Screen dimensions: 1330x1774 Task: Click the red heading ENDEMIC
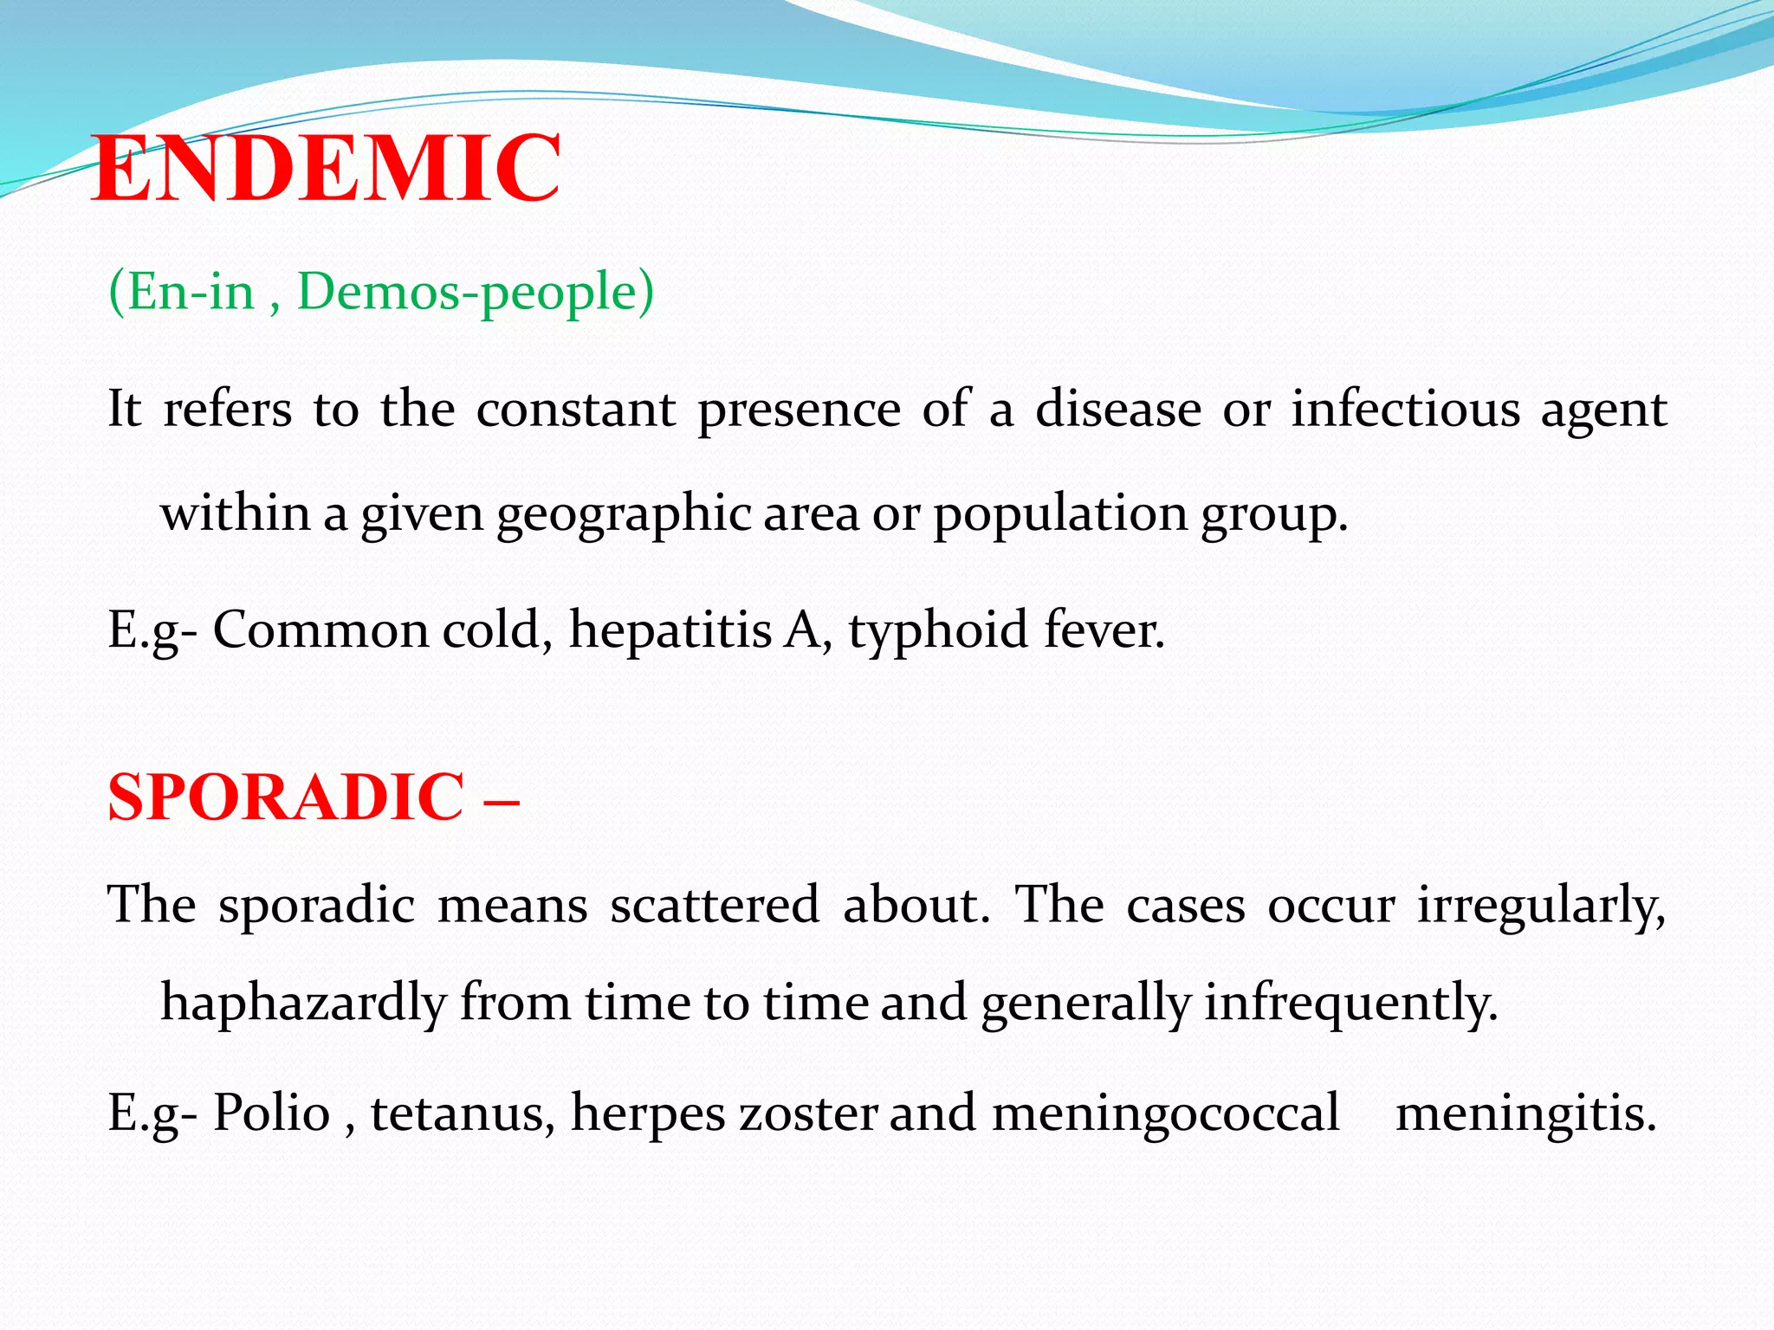[326, 168]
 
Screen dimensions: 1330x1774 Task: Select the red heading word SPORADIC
[286, 797]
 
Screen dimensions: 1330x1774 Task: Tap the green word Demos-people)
[476, 292]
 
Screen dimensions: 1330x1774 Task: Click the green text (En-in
[182, 292]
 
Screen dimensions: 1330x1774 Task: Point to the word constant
[575, 409]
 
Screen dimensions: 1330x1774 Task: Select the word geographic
[624, 514]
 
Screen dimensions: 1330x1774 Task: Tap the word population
[1060, 514]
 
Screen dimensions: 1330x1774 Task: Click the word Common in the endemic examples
[320, 629]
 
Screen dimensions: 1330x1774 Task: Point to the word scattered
[714, 906]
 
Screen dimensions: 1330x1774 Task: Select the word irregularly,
[1541, 906]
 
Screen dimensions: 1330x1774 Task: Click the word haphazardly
[303, 1004]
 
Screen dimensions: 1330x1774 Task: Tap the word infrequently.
[1350, 1004]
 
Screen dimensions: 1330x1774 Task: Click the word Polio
[272, 1113]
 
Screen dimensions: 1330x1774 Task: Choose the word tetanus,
[463, 1113]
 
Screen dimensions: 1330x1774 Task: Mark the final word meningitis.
[1525, 1113]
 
